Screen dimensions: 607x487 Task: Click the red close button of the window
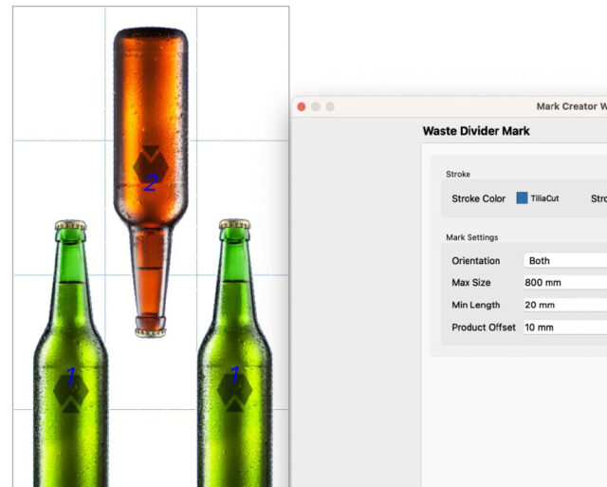(x=302, y=107)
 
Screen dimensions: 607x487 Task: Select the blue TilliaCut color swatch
(x=522, y=198)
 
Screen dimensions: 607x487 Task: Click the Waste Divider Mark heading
(x=476, y=131)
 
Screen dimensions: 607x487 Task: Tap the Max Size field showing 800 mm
(x=565, y=283)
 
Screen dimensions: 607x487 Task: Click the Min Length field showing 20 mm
(x=565, y=305)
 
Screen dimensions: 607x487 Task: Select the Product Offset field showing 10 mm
(x=565, y=328)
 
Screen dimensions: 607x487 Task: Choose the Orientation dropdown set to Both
(x=565, y=261)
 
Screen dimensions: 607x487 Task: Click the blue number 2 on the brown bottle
(x=151, y=182)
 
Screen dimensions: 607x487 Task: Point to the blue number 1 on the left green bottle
(x=71, y=376)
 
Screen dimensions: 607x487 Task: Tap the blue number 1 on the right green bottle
(x=235, y=375)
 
